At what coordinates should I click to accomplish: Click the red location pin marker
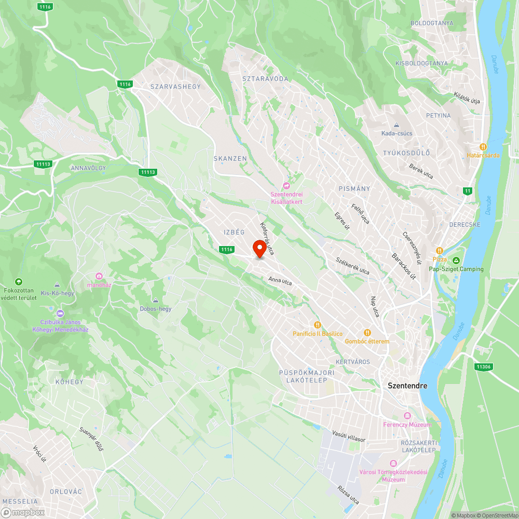pyautogui.click(x=259, y=249)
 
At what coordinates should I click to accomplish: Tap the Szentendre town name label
pyautogui.click(x=408, y=386)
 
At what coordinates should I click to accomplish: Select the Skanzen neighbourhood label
pyautogui.click(x=230, y=158)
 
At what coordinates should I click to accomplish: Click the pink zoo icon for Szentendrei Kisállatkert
pyautogui.click(x=286, y=186)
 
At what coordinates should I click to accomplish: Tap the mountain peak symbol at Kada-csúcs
pyautogui.click(x=397, y=125)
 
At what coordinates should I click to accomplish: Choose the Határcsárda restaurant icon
pyautogui.click(x=483, y=146)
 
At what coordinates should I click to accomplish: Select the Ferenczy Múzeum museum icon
pyautogui.click(x=407, y=416)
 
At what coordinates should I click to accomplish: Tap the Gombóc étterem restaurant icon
pyautogui.click(x=367, y=333)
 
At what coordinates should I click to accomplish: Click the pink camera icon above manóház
pyautogui.click(x=100, y=276)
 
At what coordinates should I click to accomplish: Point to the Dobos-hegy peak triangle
pyautogui.click(x=155, y=300)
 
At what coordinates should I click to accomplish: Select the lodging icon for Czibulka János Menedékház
pyautogui.click(x=60, y=313)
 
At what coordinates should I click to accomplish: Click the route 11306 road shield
pyautogui.click(x=483, y=367)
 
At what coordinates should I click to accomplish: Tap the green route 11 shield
pyautogui.click(x=468, y=191)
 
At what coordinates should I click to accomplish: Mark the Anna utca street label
pyautogui.click(x=280, y=281)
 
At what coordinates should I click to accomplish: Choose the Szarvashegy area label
pyautogui.click(x=175, y=87)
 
